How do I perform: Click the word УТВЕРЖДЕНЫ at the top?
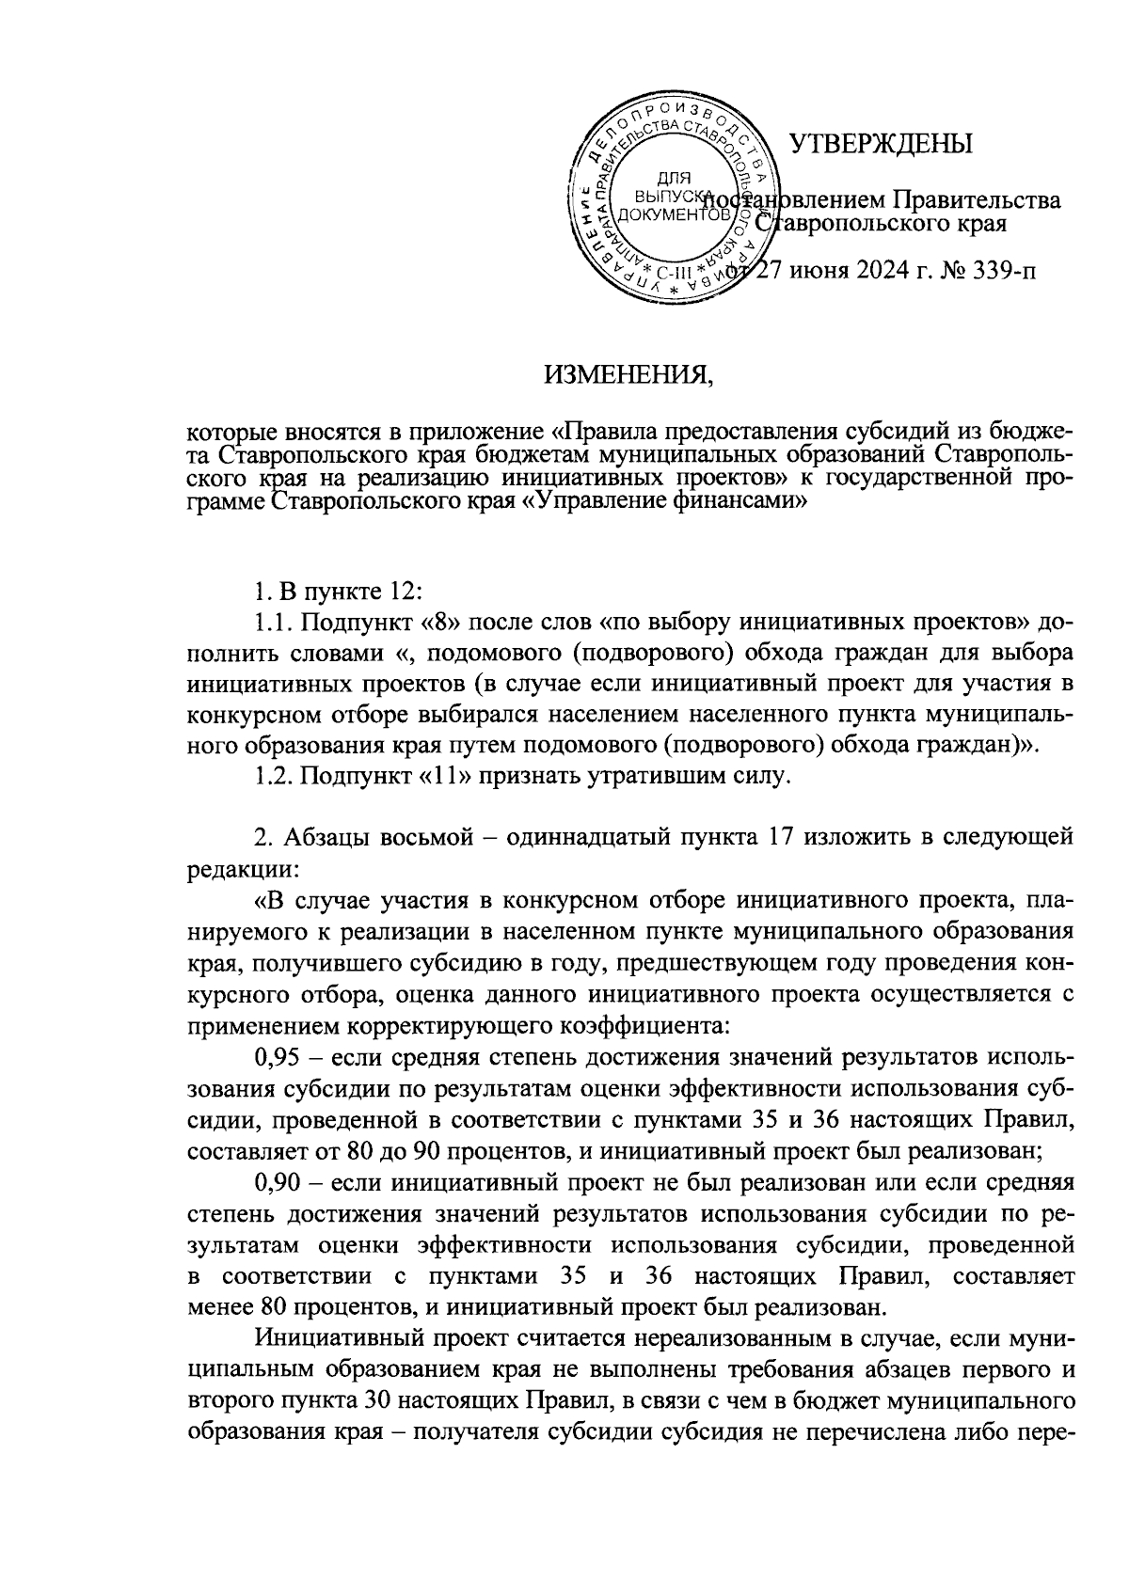pyautogui.click(x=880, y=143)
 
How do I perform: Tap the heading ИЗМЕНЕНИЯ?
pyautogui.click(x=629, y=377)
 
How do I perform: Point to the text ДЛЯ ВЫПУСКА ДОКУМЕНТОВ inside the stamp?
pyautogui.click(x=671, y=197)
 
